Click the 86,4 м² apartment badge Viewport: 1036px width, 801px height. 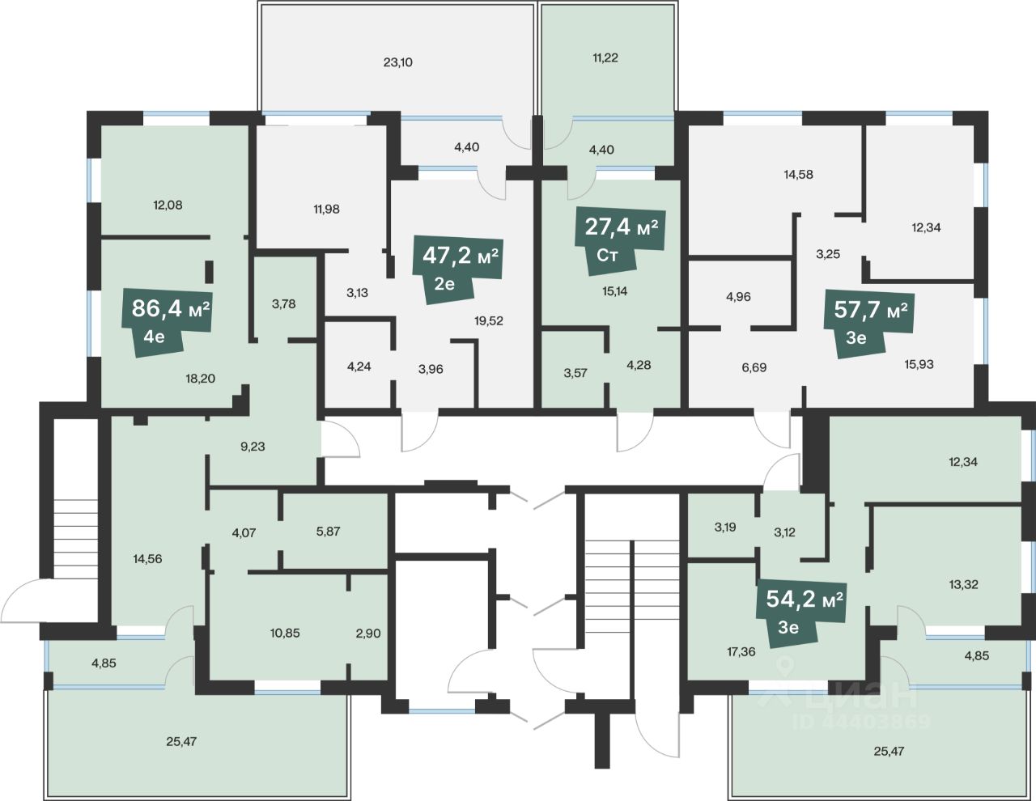click(167, 322)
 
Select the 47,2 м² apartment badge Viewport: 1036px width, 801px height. click(457, 269)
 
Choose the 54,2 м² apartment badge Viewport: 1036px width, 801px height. click(801, 612)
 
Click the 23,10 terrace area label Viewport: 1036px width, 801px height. click(398, 62)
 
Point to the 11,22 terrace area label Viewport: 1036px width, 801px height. click(605, 58)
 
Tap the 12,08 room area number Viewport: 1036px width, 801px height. click(168, 206)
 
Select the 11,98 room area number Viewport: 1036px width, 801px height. click(326, 210)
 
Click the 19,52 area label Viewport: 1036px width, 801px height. click(489, 321)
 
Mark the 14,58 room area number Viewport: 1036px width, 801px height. click(799, 175)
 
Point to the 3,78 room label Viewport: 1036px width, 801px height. click(283, 304)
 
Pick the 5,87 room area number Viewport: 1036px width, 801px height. click(328, 532)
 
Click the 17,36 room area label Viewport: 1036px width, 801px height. click(741, 652)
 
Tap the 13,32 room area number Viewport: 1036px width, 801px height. click(963, 585)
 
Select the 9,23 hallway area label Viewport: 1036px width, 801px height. click(253, 447)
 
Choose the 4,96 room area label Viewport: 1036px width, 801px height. click(738, 297)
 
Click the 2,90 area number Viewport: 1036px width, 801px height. click(368, 634)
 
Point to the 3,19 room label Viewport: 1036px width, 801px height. click(725, 528)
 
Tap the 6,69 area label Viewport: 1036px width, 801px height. click(754, 368)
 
